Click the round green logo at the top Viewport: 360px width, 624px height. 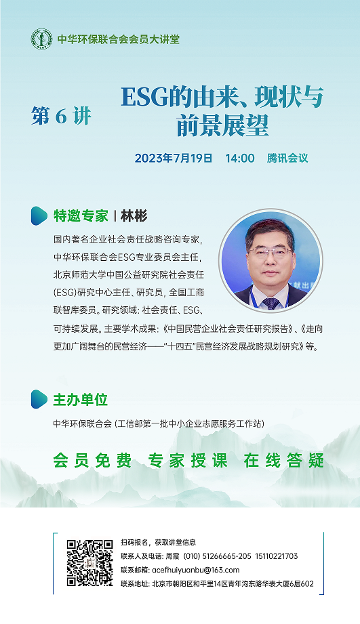41,39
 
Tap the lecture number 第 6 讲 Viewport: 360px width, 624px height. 61,117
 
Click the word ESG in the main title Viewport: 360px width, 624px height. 145,97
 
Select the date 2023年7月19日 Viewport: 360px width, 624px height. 174,158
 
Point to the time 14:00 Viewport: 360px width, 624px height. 240,158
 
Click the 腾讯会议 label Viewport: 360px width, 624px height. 287,158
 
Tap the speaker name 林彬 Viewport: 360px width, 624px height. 134,216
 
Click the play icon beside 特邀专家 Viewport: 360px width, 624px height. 39,215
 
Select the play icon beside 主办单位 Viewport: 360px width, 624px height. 39,399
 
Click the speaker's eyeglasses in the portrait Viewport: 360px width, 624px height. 270,252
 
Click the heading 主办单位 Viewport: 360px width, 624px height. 81,400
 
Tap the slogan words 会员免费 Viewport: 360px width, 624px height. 92,461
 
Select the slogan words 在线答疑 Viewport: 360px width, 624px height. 284,461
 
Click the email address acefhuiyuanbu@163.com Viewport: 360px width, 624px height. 196,570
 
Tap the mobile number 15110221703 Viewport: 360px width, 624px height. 277,556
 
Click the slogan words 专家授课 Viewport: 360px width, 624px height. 188,461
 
